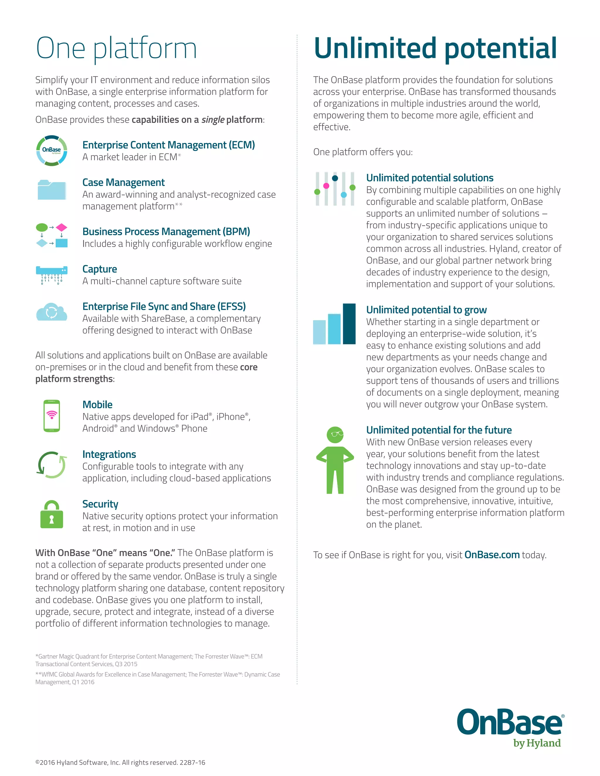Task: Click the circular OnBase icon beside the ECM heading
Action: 52,150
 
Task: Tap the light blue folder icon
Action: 52,190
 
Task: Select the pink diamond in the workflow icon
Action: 62,227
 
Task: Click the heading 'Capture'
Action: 100,269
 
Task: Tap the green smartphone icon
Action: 52,416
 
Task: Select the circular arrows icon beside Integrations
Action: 52,465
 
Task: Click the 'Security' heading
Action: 100,504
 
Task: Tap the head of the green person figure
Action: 335,435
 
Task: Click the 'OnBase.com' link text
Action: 492,555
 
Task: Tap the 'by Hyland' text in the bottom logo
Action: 537,743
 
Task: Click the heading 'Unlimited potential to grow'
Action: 426,310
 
